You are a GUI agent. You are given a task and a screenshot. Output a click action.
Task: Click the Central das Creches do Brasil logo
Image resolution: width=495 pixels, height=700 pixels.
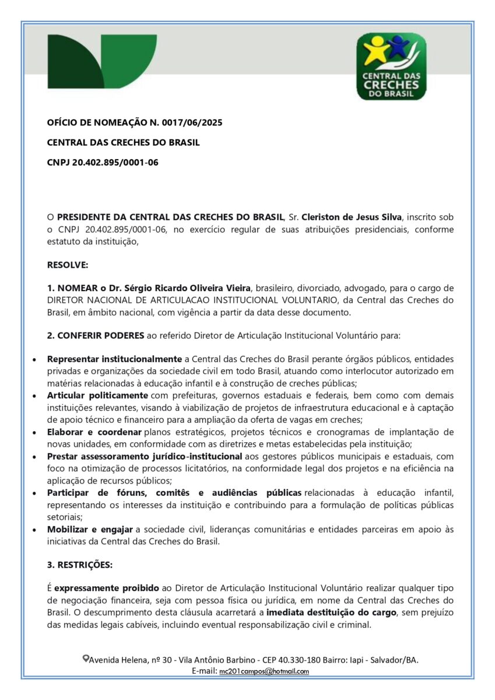pos(391,66)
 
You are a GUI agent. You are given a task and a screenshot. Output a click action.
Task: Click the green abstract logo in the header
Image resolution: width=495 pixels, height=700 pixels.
pos(101,61)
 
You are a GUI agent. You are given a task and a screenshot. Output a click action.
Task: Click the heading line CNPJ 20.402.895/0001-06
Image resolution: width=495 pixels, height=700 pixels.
pos(103,162)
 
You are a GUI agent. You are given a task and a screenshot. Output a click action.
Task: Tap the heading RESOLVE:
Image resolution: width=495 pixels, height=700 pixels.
pos(68,265)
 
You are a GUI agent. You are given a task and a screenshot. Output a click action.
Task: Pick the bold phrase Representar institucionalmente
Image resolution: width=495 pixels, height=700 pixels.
pos(114,359)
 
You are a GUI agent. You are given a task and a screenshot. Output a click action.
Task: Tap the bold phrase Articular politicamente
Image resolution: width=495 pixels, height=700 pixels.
pos(97,395)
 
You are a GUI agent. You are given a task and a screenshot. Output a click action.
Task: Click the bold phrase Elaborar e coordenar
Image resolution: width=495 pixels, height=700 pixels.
pos(94,432)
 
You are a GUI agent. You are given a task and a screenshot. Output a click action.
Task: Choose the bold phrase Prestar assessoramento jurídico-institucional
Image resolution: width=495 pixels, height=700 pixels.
pos(145,456)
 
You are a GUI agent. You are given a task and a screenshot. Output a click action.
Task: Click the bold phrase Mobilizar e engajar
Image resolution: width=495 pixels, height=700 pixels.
pos(90,529)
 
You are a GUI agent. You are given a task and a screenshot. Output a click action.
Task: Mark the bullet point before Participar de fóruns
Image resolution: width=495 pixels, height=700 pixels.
pos(36,493)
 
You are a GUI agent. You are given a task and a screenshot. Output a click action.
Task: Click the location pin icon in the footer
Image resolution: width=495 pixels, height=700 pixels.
pos(86,659)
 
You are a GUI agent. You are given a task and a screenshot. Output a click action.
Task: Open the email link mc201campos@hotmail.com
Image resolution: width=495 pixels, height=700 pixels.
pos(264,671)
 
